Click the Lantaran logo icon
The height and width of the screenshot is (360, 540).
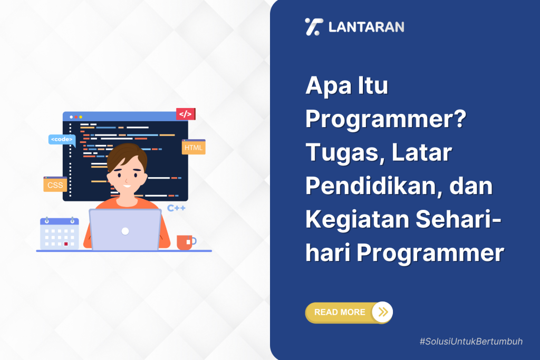point(313,26)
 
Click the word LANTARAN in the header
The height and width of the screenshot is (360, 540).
point(366,27)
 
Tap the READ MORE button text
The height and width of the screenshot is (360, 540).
point(339,312)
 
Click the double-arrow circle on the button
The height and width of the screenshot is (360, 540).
point(383,312)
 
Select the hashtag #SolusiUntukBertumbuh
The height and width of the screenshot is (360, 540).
point(471,342)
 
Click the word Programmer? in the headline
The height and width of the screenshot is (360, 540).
point(386,120)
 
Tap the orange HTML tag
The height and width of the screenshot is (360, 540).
point(194,148)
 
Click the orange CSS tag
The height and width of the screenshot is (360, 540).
point(55,184)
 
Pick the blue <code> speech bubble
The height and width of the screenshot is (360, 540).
point(62,140)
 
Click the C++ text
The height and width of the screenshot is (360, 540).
point(176,208)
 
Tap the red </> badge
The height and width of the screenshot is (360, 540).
point(185,114)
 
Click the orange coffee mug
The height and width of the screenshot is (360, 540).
point(185,242)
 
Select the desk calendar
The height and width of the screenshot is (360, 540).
point(59,233)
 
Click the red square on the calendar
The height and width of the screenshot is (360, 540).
point(66,244)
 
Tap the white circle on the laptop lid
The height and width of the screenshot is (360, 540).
point(125,231)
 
